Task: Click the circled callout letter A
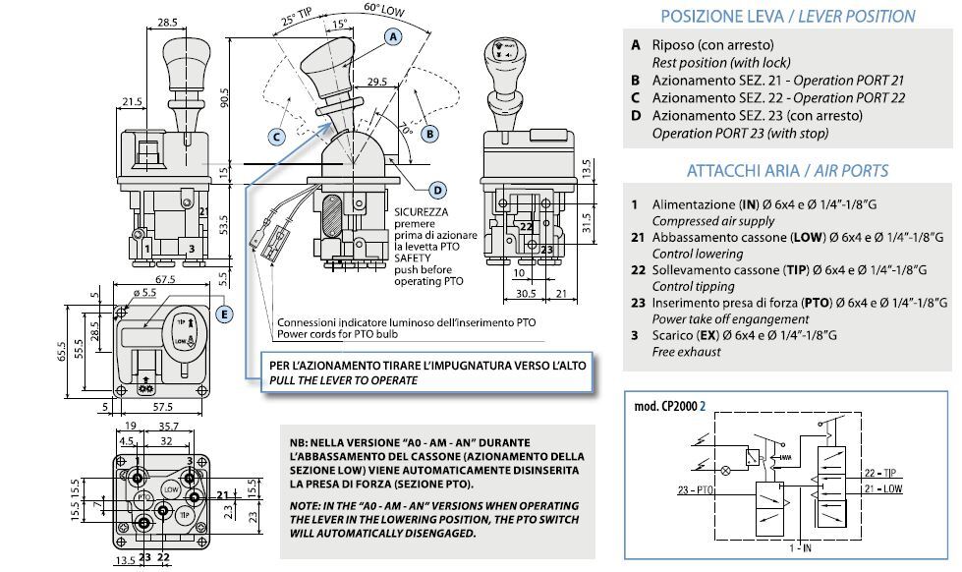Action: pyautogui.click(x=394, y=36)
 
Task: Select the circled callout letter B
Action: pyautogui.click(x=429, y=133)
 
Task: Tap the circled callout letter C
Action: pyautogui.click(x=278, y=137)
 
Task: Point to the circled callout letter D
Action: pyautogui.click(x=438, y=190)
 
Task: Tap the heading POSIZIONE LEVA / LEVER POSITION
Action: pyautogui.click(x=787, y=16)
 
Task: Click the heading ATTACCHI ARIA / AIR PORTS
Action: pyautogui.click(x=787, y=171)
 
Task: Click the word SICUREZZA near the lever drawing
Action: pyautogui.click(x=422, y=211)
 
